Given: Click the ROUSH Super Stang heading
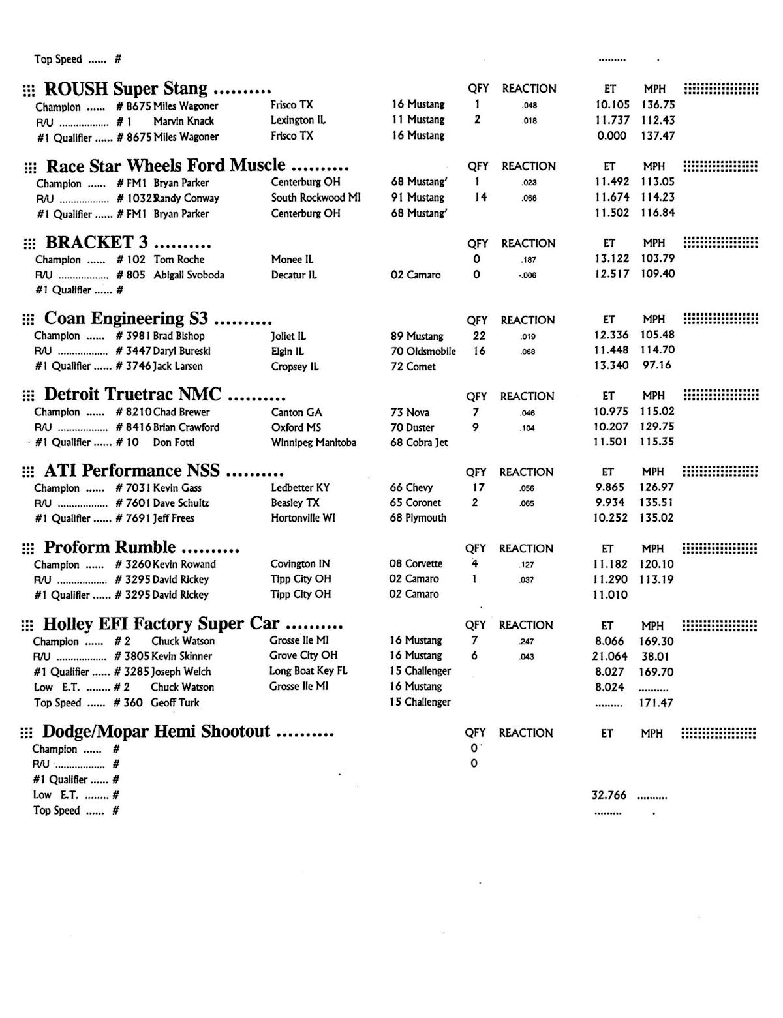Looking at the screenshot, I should coord(125,89).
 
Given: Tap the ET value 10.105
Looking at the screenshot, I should coord(612,105).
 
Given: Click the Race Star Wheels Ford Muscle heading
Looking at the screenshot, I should coord(166,166).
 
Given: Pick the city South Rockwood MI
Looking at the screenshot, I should coord(316,198).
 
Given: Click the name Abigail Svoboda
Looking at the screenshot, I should coord(189,275).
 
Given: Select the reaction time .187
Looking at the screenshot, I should coord(529,260).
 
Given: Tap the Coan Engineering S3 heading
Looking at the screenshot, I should coord(126,319).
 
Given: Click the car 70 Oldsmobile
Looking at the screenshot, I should coord(423,352).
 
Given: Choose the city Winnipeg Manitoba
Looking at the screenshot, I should coord(314,443).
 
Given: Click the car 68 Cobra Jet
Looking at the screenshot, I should coord(419,443).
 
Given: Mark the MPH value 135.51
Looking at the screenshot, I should coord(657,503).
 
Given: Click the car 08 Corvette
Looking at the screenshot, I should coord(416,564).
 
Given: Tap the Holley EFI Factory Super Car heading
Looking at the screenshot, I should coord(161,624).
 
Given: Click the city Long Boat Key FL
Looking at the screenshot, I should coord(308,671).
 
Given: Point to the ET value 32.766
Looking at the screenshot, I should coord(609,796).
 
